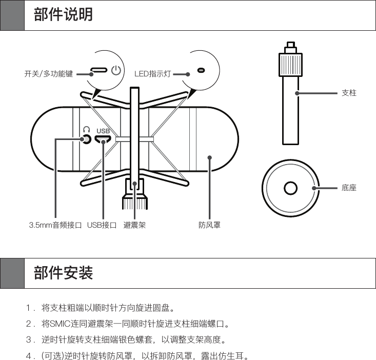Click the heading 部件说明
click(64, 14)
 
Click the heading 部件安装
click(64, 273)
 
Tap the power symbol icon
click(116, 70)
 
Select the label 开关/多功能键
click(49, 74)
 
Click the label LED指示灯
click(152, 74)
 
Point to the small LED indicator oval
click(201, 70)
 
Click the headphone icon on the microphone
click(87, 129)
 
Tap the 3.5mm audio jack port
click(87, 138)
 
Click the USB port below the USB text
click(103, 139)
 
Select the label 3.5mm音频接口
click(55, 225)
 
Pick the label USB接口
click(102, 225)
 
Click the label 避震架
click(134, 225)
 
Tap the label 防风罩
click(209, 225)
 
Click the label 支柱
click(349, 93)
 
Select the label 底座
click(349, 188)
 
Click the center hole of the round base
click(290, 188)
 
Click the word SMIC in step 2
click(60, 324)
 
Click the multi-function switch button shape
click(99, 70)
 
